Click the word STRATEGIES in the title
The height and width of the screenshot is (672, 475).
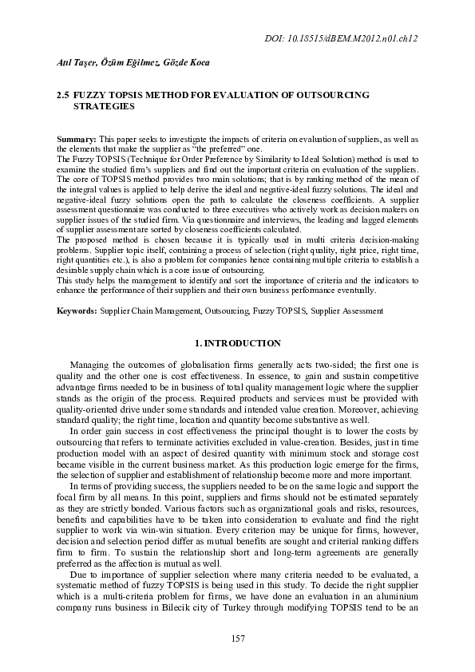pyautogui.click(x=103, y=105)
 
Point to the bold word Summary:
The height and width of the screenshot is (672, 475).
pyautogui.click(x=76, y=139)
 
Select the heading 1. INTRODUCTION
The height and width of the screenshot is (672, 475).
pyautogui.click(x=238, y=343)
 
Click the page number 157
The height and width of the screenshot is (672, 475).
pyautogui.click(x=237, y=638)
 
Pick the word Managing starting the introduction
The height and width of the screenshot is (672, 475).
pyautogui.click(x=91, y=364)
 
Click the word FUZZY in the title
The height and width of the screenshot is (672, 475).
pyautogui.click(x=91, y=94)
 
